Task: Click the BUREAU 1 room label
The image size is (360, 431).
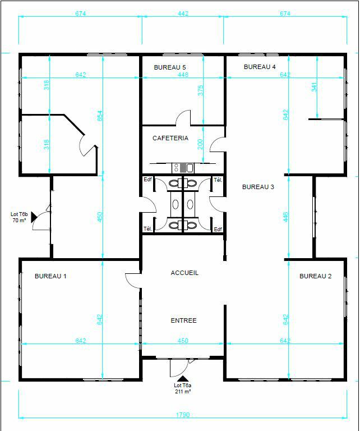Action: (x=50, y=276)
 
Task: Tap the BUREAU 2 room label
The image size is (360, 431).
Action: (x=315, y=276)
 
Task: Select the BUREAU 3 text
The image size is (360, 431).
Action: (x=258, y=187)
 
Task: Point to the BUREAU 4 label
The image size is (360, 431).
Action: (x=260, y=67)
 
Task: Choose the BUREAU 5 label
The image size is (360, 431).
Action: (x=170, y=67)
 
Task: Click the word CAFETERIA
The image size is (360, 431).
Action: (x=170, y=138)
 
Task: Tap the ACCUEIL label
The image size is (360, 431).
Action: (x=184, y=273)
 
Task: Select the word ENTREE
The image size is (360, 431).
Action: (x=183, y=320)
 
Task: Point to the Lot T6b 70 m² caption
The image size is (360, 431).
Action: (x=20, y=218)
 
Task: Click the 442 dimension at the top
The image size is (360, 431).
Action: (x=183, y=13)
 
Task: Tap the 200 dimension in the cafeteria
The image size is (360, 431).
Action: (x=201, y=143)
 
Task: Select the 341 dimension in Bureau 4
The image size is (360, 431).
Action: (x=314, y=88)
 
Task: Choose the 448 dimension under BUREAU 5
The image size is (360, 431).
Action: (x=183, y=75)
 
